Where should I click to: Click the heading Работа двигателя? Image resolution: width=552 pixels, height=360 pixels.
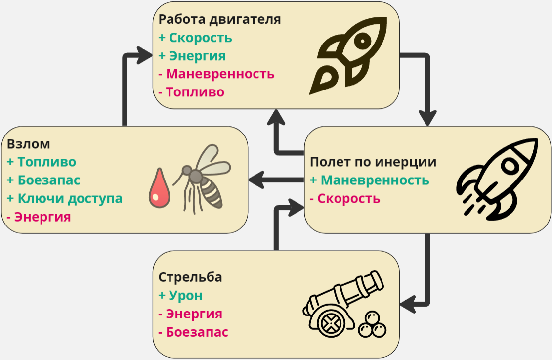point(219,20)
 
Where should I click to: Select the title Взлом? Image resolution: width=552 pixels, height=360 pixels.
point(29,144)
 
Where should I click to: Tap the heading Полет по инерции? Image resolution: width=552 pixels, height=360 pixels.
point(373,162)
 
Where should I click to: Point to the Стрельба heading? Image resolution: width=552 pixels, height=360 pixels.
point(190,277)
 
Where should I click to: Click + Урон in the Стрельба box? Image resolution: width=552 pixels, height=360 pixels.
point(180,296)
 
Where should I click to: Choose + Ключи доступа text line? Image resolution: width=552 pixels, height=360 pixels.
point(65,198)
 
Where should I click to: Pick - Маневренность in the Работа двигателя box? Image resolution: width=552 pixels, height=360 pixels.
point(216,74)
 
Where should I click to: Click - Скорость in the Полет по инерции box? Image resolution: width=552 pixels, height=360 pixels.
point(345,199)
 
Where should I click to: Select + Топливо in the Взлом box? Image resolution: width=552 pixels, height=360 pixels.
point(42,162)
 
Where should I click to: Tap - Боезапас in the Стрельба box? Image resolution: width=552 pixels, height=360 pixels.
point(193,332)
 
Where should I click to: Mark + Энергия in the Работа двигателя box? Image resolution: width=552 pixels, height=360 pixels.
point(192,56)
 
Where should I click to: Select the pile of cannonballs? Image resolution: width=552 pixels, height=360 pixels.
point(373,326)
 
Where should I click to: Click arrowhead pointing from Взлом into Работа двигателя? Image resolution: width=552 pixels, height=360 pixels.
point(145,55)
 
